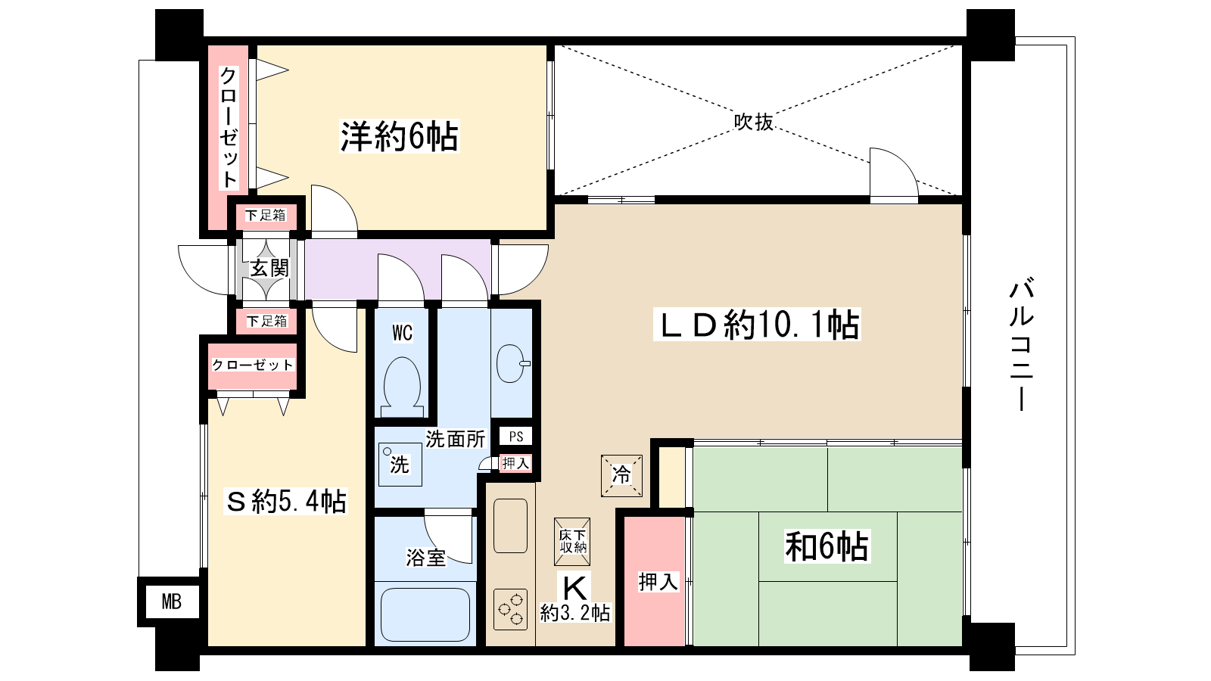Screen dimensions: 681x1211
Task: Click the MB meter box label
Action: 172,602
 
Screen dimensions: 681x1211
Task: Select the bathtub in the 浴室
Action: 425,614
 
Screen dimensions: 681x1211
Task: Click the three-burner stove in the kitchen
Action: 510,609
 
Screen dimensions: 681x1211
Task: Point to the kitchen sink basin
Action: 510,526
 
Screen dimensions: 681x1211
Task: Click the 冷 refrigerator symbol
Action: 621,475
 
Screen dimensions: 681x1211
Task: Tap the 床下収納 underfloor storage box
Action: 572,541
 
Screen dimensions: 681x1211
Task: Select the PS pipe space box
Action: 515,437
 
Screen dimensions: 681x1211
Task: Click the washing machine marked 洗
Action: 400,465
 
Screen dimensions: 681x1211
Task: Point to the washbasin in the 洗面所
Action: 512,363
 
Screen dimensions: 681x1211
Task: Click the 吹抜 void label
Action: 754,122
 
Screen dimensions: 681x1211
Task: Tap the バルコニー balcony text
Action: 1022,345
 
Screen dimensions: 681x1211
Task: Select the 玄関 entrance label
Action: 269,268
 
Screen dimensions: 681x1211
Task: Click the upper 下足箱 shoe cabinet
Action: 266,216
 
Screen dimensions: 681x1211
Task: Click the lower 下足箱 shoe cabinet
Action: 266,321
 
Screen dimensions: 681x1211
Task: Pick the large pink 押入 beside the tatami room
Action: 655,581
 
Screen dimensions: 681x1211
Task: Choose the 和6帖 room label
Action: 827,546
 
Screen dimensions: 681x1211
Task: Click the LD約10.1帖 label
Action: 757,325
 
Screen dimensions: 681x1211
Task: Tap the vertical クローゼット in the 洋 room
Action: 229,127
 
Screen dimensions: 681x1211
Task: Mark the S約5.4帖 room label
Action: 286,501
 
